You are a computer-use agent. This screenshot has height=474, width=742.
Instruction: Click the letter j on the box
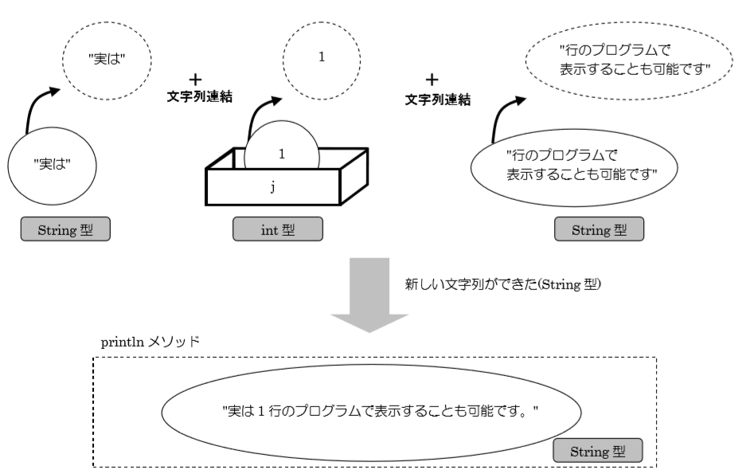pos(271,189)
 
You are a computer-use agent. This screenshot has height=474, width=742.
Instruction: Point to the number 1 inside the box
pos(283,152)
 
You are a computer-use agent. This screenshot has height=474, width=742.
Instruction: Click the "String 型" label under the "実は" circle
pos(64,229)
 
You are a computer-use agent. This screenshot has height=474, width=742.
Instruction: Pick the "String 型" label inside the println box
pos(597,451)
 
